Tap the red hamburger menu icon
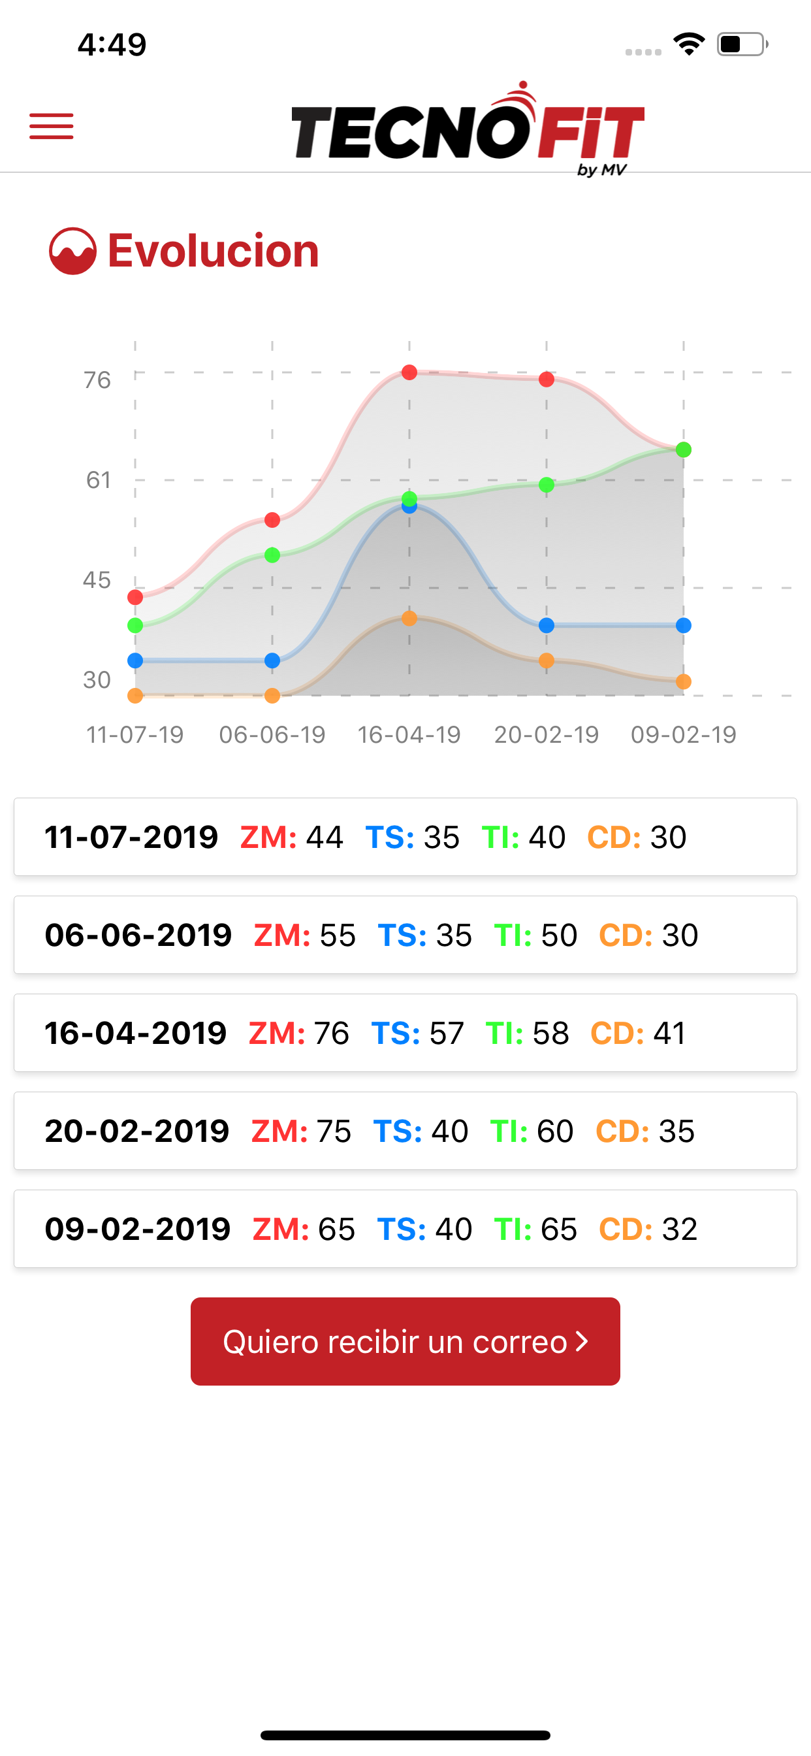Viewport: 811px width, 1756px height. point(51,126)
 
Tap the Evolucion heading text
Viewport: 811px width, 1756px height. point(214,250)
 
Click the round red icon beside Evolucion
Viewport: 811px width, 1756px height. point(72,251)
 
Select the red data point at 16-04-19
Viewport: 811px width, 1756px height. point(409,372)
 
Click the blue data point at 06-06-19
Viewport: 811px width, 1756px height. point(272,660)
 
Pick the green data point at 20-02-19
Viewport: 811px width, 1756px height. point(547,485)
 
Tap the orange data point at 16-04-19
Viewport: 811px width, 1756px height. point(409,618)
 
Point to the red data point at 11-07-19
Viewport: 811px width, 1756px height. point(135,597)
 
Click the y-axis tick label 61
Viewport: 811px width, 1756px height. point(98,480)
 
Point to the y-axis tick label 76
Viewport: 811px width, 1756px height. point(97,380)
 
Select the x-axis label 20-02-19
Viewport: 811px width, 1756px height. point(547,734)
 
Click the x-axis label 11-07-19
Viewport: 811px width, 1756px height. point(135,734)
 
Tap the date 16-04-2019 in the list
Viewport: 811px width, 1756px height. point(136,1033)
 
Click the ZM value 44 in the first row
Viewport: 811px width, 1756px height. point(325,837)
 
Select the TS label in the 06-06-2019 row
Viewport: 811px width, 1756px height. point(402,935)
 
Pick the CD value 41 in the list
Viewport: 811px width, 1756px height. point(669,1033)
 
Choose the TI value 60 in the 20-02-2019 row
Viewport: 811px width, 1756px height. point(555,1131)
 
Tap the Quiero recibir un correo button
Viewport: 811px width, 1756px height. point(405,1341)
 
